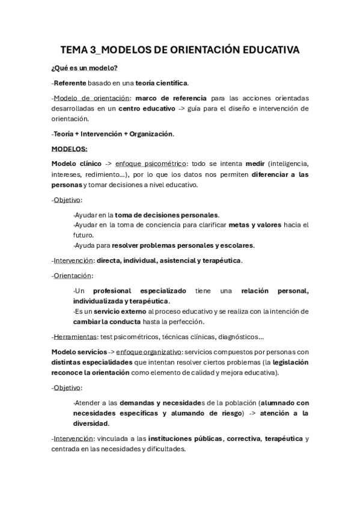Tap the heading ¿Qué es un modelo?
click(x=84, y=69)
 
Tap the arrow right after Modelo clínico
click(x=108, y=164)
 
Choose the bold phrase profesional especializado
click(x=140, y=291)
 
